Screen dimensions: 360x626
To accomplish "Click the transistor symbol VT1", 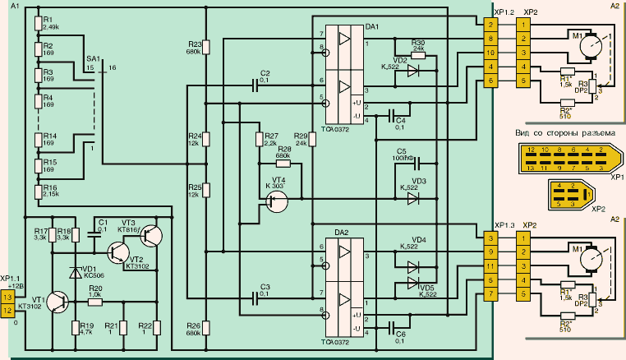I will (x=58, y=302).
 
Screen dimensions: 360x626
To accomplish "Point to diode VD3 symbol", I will (x=413, y=198).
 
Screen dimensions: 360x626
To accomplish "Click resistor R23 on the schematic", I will (x=206, y=48).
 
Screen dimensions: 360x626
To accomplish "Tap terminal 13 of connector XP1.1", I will (x=8, y=296).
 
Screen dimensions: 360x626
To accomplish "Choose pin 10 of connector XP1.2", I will (x=490, y=51).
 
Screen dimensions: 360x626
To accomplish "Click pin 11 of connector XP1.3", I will (x=490, y=266).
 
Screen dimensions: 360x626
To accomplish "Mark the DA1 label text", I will (x=371, y=28).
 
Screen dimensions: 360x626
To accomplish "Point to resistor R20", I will (x=96, y=302).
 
